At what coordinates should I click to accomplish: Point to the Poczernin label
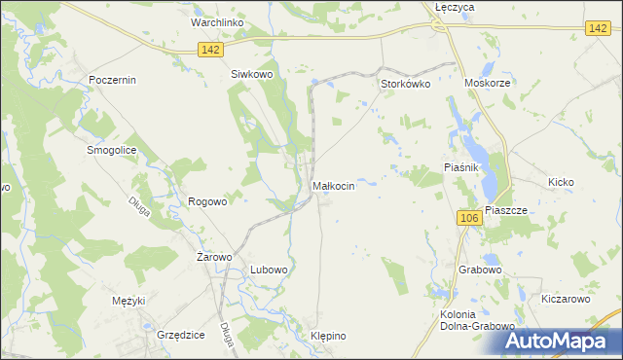point(112,80)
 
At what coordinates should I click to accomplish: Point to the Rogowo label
point(207,201)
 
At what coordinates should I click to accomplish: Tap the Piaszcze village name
point(505,210)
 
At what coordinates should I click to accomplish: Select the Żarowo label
point(214,257)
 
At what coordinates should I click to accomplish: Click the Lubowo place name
point(269,269)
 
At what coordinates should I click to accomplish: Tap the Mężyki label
point(128,300)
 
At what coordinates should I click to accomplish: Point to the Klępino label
point(328,336)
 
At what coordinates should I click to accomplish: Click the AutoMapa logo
point(559,342)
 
